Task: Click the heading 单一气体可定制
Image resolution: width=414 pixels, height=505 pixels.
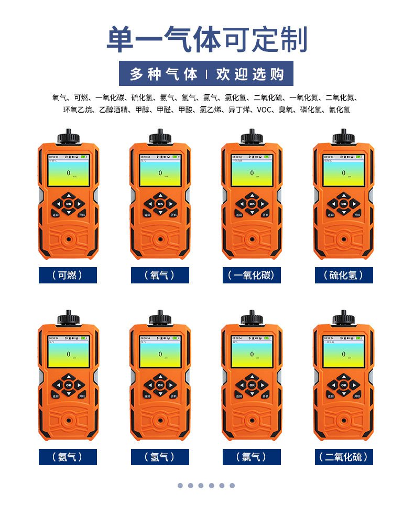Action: point(206,40)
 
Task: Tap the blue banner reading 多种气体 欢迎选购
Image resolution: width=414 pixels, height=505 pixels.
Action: point(206,74)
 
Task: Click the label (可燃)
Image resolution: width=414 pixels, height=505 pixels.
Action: point(68,275)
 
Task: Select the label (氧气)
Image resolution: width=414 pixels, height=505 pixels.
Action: point(160,275)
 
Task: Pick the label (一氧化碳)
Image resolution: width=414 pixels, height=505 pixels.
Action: point(252,275)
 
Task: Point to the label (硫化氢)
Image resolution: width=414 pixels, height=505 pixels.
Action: point(344,275)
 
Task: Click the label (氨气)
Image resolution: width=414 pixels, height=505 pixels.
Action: point(68,457)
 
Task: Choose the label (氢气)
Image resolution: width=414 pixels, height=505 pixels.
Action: point(160,457)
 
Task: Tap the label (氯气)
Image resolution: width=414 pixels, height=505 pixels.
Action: point(252,457)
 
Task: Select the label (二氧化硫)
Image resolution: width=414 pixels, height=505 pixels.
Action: point(344,457)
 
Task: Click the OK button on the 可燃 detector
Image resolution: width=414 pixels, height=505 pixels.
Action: point(68,203)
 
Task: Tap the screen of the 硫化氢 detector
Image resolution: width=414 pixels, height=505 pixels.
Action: point(344,171)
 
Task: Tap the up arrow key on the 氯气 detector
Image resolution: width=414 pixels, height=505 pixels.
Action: point(252,377)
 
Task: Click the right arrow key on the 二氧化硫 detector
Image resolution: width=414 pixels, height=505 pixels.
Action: point(356,385)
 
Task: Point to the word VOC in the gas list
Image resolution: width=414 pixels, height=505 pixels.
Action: point(266,110)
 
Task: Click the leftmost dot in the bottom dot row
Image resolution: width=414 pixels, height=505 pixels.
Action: point(180,486)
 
